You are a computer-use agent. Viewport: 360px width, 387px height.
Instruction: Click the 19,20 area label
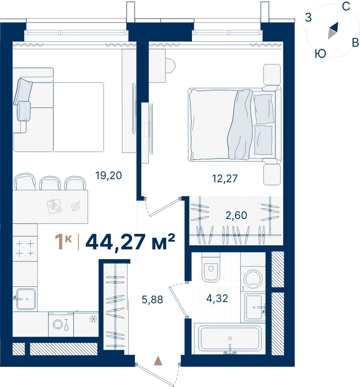[x=109, y=176]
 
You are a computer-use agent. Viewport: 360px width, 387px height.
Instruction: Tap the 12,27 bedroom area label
[x=225, y=179]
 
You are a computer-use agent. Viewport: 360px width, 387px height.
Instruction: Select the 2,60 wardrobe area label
[x=236, y=216]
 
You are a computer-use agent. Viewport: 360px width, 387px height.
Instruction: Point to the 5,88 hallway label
[x=152, y=300]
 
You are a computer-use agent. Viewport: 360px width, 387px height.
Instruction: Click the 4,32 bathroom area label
[x=217, y=298]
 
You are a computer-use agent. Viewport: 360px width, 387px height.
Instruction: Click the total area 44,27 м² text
[x=130, y=242]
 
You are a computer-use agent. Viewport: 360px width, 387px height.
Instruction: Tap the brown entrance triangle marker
[x=158, y=361]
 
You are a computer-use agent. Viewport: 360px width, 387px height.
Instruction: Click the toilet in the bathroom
[x=211, y=267]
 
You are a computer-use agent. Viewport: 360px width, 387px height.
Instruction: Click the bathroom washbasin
[x=254, y=307]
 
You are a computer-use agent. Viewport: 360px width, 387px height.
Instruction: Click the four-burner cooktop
[x=25, y=249]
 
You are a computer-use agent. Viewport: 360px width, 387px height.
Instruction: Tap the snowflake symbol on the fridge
[x=93, y=319]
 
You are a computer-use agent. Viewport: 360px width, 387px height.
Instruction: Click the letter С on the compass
[x=346, y=6]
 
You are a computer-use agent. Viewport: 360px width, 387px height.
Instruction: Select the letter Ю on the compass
[x=320, y=53]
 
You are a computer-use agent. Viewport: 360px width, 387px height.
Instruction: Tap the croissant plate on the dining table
[x=54, y=206]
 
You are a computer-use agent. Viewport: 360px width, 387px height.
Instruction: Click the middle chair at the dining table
[x=50, y=183]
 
